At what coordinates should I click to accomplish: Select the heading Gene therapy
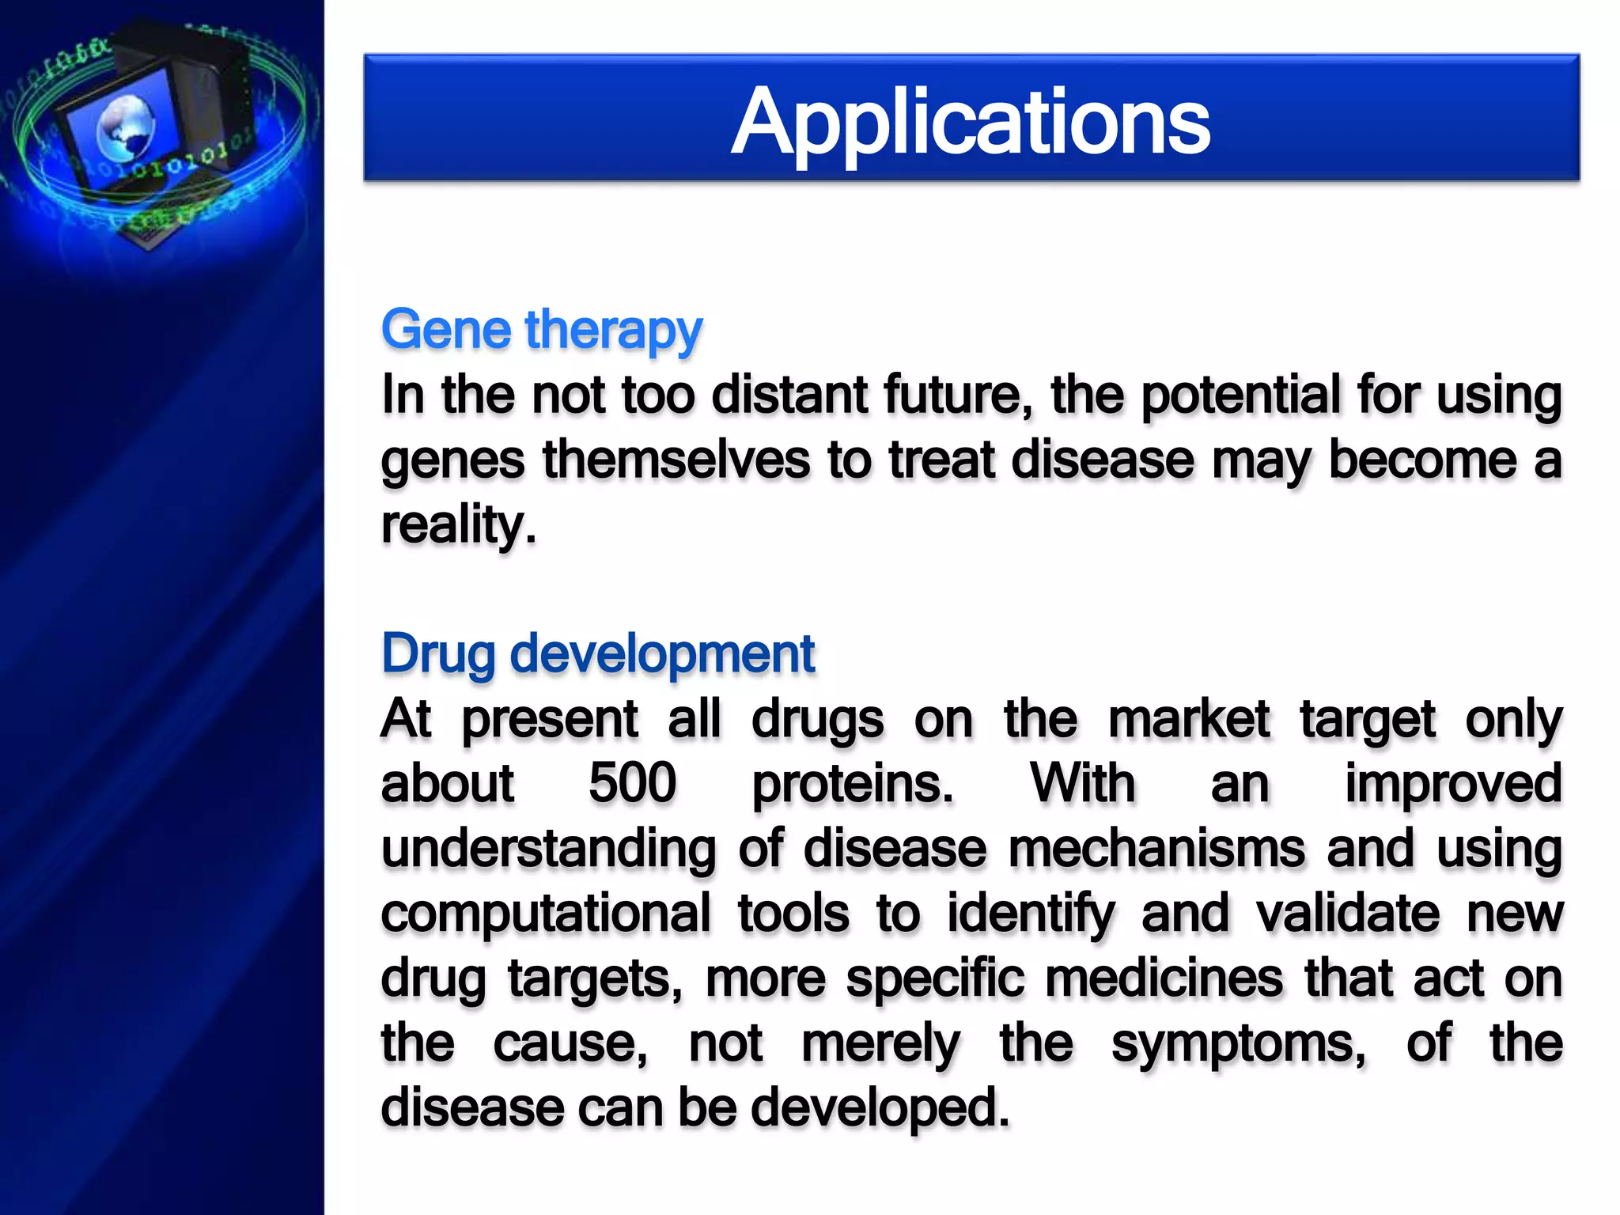point(541,330)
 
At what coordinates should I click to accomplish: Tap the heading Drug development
point(597,654)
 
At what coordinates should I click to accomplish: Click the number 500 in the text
point(632,783)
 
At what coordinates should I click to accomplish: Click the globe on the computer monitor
point(125,127)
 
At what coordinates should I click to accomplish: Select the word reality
point(458,525)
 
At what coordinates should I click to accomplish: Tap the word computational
point(546,914)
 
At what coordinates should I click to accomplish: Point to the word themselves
point(676,460)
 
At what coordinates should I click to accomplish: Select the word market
point(1188,719)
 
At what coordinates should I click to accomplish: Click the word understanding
point(548,850)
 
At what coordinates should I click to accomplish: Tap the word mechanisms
point(1156,849)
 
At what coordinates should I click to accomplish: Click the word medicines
point(1164,978)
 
